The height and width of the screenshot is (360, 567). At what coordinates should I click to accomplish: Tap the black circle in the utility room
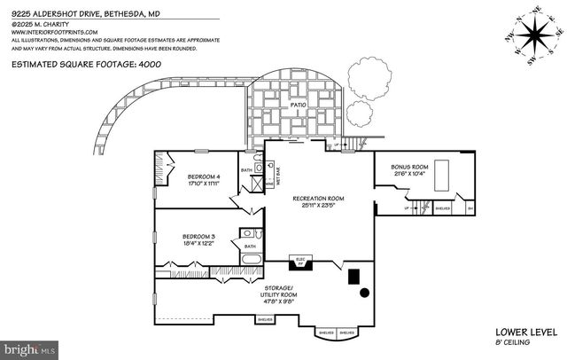pyautogui.click(x=363, y=292)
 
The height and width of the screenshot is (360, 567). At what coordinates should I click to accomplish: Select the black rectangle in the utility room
pyautogui.click(x=353, y=276)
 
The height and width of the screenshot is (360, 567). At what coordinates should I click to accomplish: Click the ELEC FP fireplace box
pyautogui.click(x=299, y=262)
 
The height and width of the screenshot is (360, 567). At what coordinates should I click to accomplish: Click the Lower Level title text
pyautogui.click(x=525, y=332)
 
